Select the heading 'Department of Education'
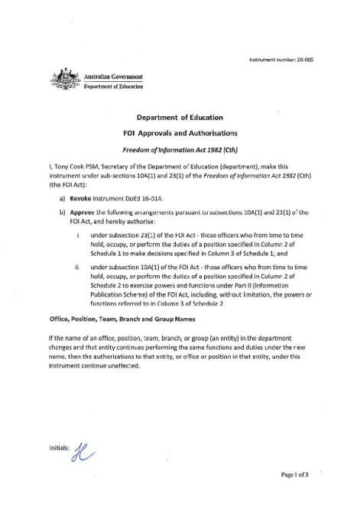(180, 118)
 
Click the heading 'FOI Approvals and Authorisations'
(180, 133)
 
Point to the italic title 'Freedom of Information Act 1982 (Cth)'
(180, 148)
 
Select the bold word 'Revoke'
(82, 197)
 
